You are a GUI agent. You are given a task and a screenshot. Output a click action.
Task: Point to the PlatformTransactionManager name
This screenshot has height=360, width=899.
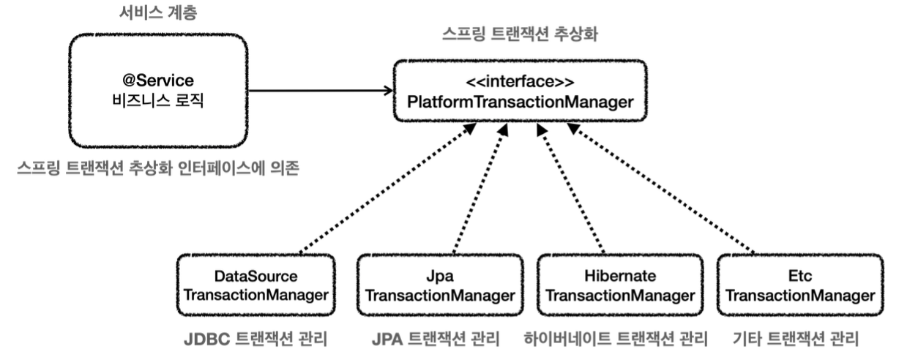[521, 102]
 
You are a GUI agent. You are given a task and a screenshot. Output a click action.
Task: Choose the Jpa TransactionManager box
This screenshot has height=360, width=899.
[437, 286]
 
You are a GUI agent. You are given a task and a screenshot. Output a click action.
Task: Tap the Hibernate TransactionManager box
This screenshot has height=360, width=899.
[620, 286]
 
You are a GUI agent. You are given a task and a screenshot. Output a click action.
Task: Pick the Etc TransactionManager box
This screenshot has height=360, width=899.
[803, 286]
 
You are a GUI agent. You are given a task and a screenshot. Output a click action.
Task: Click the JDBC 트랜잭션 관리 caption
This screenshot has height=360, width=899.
[254, 340]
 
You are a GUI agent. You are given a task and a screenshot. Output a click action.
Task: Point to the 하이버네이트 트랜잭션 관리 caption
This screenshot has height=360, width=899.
[616, 340]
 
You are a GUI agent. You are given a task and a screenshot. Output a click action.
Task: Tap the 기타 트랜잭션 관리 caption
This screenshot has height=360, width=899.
[794, 340]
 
